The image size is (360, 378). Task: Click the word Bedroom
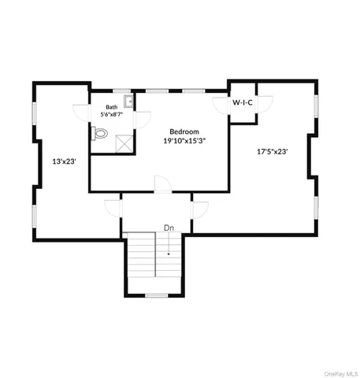pyautogui.click(x=184, y=132)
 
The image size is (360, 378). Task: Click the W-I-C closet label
pyautogui.click(x=242, y=103)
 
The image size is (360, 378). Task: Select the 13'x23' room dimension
pyautogui.click(x=63, y=161)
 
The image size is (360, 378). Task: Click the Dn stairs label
pyautogui.click(x=169, y=228)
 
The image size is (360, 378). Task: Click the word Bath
pyautogui.click(x=112, y=107)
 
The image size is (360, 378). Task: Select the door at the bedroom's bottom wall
pyautogui.click(x=161, y=186)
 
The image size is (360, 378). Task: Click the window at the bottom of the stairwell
pyautogui.click(x=157, y=295)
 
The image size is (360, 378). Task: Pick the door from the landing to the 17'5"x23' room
pyautogui.click(x=199, y=210)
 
